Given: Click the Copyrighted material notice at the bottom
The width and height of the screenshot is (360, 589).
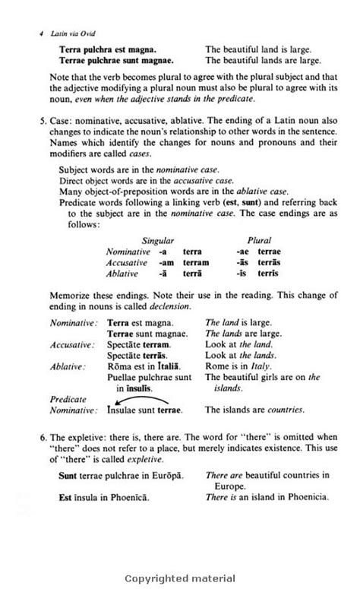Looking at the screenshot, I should click(180, 578).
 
